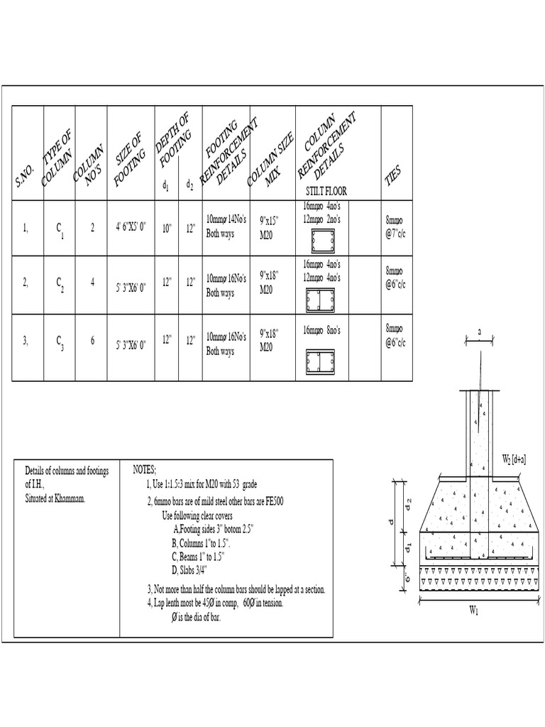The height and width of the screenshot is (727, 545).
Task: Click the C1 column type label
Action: point(61,229)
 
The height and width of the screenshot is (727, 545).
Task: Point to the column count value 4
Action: point(92,282)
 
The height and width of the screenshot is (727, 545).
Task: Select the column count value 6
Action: point(92,341)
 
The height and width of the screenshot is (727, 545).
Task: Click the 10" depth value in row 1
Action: point(166,229)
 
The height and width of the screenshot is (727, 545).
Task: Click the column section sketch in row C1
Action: point(321,242)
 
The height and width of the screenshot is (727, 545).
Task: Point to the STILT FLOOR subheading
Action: point(327,192)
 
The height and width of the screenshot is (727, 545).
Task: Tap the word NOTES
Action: point(145,469)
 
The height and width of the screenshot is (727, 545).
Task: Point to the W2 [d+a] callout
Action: point(514,459)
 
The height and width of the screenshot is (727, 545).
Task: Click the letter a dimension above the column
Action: point(480,332)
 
